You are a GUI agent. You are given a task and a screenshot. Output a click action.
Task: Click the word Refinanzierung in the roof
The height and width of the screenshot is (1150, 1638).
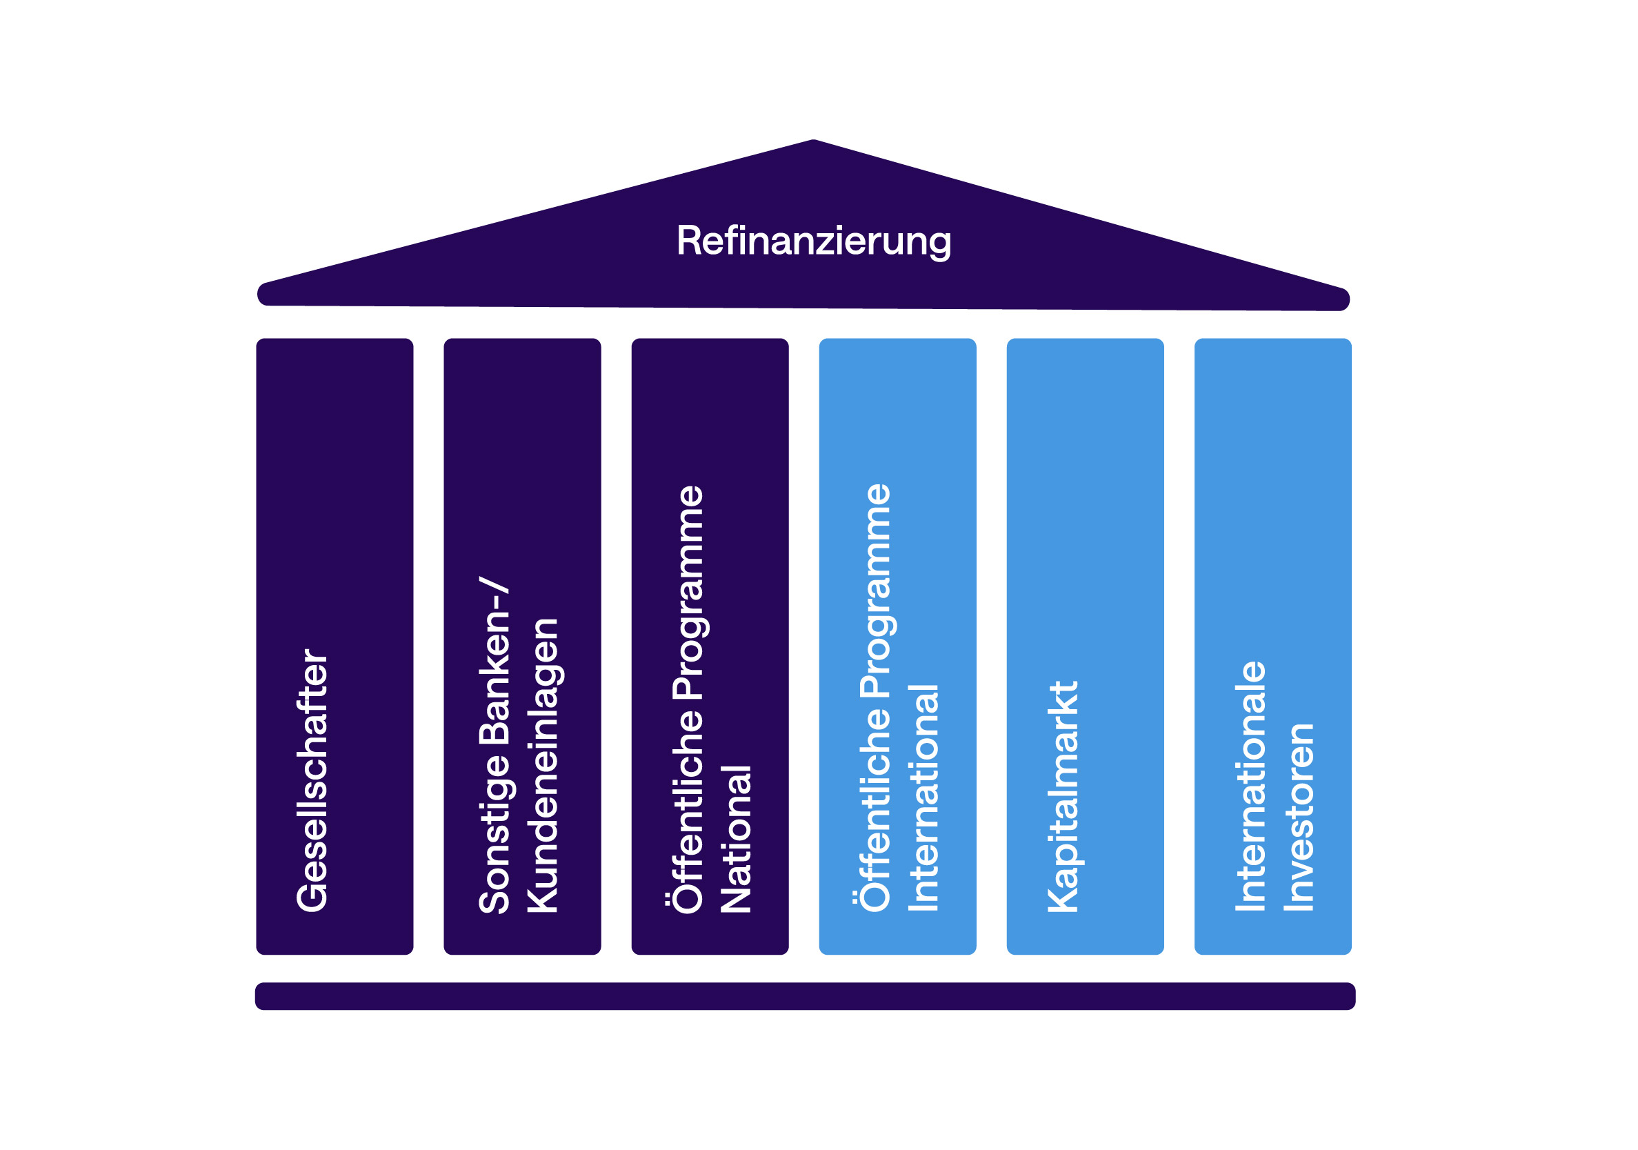coord(813,241)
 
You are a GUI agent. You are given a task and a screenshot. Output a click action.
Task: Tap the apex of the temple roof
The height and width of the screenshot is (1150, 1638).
coord(813,143)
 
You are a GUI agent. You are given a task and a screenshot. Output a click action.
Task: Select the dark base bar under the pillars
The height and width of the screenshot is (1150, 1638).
coord(805,996)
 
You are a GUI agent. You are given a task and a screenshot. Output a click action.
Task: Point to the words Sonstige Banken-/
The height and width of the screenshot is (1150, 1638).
coord(495,745)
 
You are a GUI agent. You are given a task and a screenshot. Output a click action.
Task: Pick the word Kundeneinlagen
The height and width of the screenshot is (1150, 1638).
coord(542,765)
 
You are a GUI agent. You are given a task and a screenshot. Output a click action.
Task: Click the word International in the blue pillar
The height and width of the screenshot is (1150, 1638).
coord(924,797)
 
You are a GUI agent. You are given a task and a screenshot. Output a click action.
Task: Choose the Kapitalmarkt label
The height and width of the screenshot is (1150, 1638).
coord(1063,796)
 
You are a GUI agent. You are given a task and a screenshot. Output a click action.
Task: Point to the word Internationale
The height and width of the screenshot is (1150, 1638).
coord(1250,786)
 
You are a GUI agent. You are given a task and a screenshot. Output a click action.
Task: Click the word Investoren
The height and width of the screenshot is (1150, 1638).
coord(1299,817)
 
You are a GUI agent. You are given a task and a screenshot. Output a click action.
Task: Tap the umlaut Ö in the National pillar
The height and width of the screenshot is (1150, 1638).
coord(686,898)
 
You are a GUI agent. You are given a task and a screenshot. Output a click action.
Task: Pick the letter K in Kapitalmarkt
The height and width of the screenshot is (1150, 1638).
coord(1063,898)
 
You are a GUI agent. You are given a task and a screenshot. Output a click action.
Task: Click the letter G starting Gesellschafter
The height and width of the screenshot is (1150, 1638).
coord(312,896)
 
